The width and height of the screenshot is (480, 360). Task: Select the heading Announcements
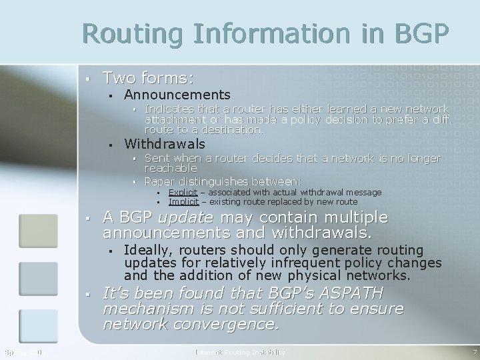click(177, 95)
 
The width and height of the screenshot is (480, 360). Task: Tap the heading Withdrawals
click(165, 143)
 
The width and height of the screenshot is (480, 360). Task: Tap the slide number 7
click(474, 351)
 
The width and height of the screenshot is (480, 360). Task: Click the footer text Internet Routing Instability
click(240, 351)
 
